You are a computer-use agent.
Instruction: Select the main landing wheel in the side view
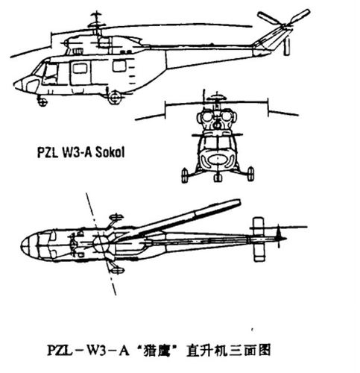pos(114,98)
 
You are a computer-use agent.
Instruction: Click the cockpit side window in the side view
pos(51,72)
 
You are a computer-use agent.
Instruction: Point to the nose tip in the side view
pos(16,84)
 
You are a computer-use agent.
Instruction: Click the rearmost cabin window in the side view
pos(119,66)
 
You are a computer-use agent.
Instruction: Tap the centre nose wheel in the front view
pos(217,178)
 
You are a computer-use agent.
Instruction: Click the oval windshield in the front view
pos(217,159)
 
